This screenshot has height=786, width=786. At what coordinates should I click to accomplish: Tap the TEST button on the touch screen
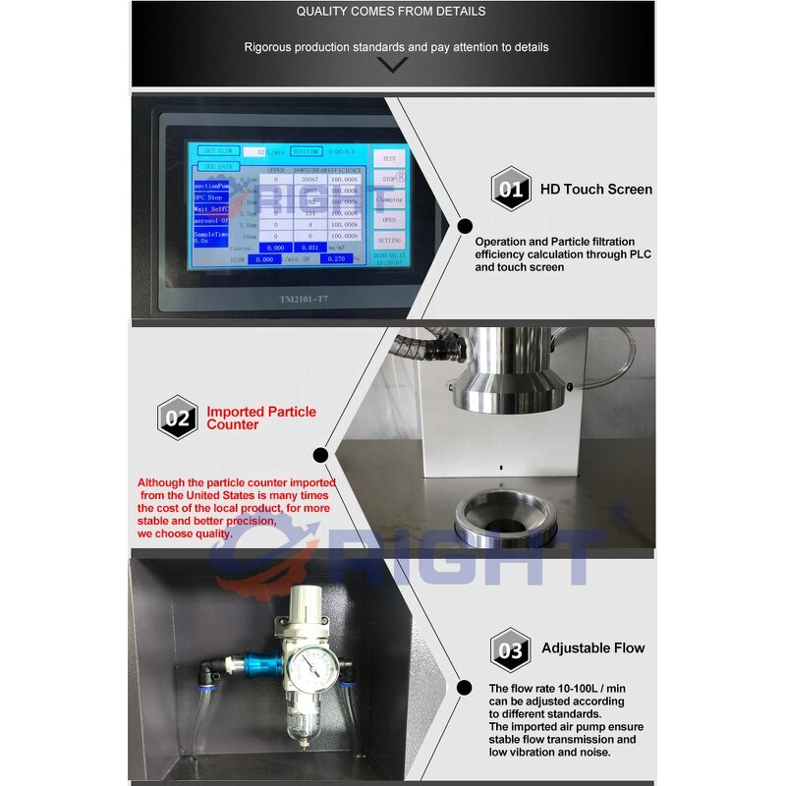point(389,158)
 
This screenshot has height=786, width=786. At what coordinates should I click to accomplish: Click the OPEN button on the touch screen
point(389,220)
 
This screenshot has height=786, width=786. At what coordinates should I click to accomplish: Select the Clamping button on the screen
point(389,199)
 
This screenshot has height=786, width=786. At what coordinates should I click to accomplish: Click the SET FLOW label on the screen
point(217,151)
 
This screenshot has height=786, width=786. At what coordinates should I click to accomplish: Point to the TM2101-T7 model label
point(270,299)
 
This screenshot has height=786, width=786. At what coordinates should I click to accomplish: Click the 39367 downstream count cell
point(310,180)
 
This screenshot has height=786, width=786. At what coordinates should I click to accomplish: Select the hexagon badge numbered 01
point(511,189)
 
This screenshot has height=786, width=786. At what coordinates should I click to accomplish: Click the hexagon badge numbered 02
point(178,418)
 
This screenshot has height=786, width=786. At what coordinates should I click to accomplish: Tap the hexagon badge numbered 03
point(511,648)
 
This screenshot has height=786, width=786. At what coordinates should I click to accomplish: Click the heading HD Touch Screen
point(595,189)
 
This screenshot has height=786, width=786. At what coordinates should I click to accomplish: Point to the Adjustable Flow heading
point(593,648)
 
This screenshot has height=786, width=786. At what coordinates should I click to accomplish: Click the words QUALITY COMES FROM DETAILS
point(391,12)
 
